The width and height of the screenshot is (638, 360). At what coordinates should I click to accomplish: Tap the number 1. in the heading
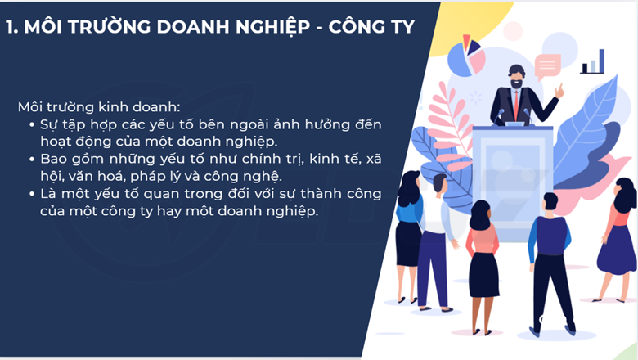click(11, 27)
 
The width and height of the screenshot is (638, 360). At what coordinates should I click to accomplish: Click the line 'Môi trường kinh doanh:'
click(99, 107)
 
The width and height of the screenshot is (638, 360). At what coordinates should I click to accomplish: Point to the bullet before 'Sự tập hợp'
click(32, 125)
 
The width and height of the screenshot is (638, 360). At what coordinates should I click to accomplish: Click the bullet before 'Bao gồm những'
click(32, 159)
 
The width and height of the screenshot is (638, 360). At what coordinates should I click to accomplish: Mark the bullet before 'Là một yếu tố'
click(32, 194)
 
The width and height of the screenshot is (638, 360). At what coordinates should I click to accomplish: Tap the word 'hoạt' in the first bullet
click(56, 142)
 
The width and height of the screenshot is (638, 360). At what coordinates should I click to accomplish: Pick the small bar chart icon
click(592, 62)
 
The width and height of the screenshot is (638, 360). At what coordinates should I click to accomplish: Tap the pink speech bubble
click(548, 66)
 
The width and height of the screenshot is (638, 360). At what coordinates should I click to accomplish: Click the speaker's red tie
click(516, 104)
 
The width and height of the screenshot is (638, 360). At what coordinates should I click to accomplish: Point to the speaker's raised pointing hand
click(559, 90)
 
